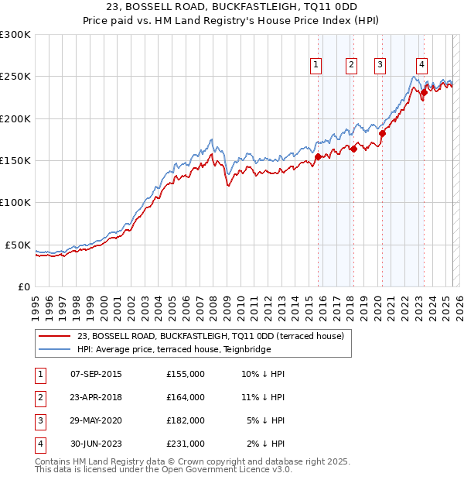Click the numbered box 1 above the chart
click(x=317, y=66)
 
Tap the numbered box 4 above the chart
click(x=421, y=66)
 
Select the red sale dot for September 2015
click(x=318, y=157)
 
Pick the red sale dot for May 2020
click(x=382, y=133)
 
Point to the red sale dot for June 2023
click(x=424, y=92)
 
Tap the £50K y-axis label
click(x=18, y=245)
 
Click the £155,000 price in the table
click(x=186, y=374)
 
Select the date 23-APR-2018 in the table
click(x=97, y=397)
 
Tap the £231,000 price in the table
click(x=186, y=444)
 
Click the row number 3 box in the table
click(x=39, y=420)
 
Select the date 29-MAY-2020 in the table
click(x=97, y=420)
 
